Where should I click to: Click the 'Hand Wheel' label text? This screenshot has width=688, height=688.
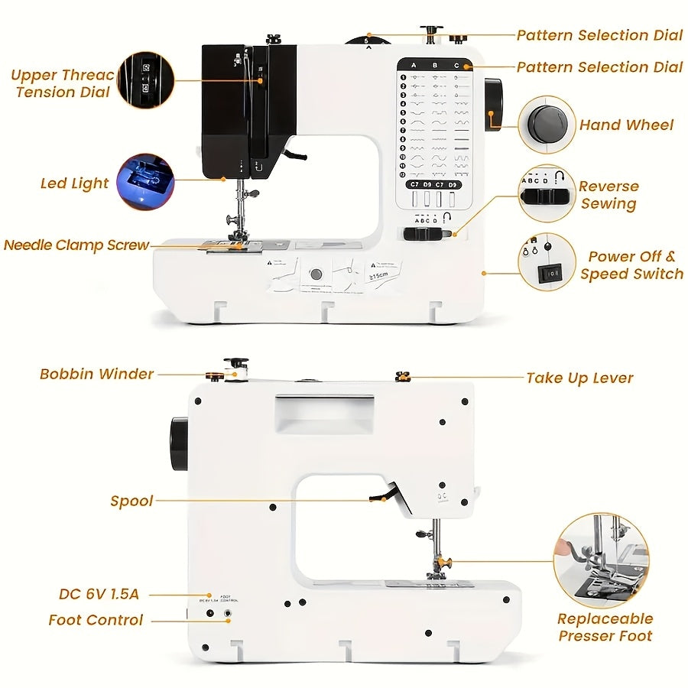[626, 125]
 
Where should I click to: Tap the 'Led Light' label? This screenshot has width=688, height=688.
[75, 183]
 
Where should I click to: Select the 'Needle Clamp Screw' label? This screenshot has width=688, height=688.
[76, 245]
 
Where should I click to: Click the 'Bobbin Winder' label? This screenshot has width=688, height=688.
[97, 374]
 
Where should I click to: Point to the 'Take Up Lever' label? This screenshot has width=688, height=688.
[579, 378]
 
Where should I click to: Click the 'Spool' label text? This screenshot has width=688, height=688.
[131, 501]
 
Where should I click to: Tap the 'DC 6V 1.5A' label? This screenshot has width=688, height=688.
[99, 594]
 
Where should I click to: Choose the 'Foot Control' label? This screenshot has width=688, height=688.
[96, 620]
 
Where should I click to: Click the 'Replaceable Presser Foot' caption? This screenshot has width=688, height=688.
[605, 627]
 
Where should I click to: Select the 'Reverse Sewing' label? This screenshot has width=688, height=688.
[608, 195]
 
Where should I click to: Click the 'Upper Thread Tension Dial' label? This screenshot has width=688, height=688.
[63, 83]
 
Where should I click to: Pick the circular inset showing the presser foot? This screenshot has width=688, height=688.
[602, 560]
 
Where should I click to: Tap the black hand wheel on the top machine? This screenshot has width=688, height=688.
[493, 103]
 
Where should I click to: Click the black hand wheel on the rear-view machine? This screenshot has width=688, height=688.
[180, 443]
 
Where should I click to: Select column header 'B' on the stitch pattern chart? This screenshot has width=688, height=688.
[435, 66]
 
